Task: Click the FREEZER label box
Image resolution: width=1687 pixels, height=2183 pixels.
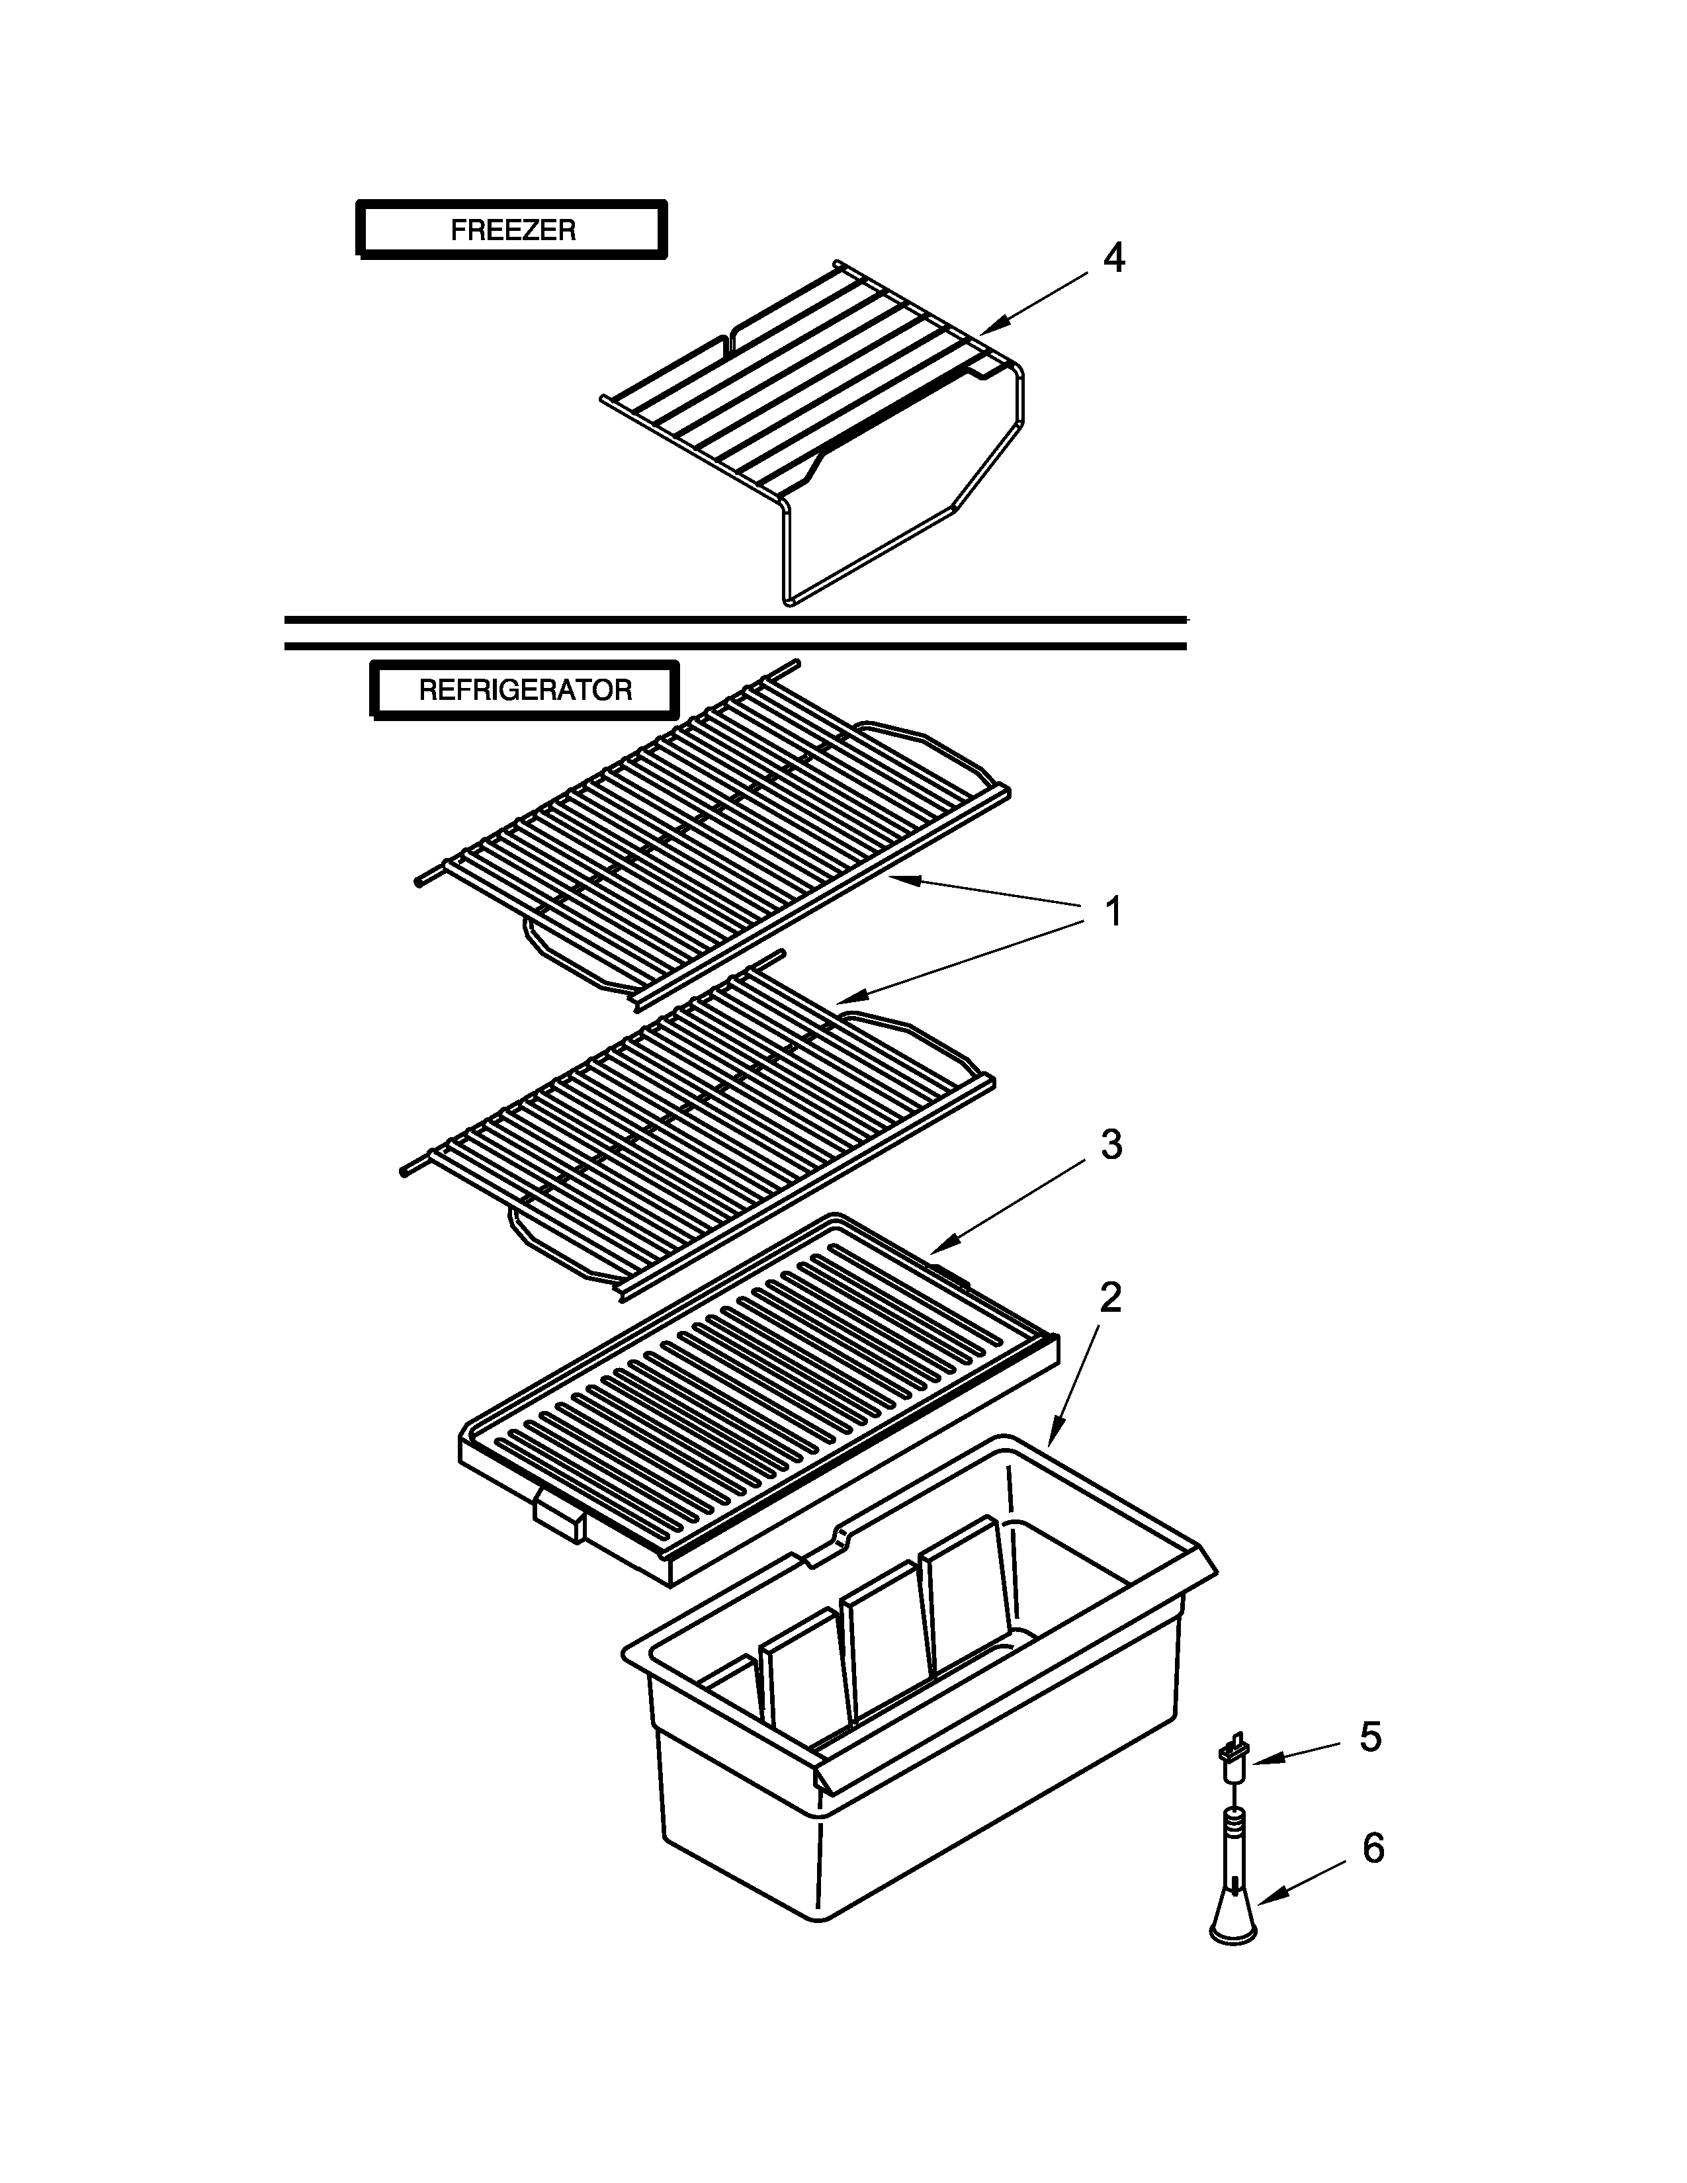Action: [x=511, y=230]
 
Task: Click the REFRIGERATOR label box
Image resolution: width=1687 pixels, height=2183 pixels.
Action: [x=525, y=690]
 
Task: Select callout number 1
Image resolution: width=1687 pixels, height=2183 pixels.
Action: [x=1112, y=912]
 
